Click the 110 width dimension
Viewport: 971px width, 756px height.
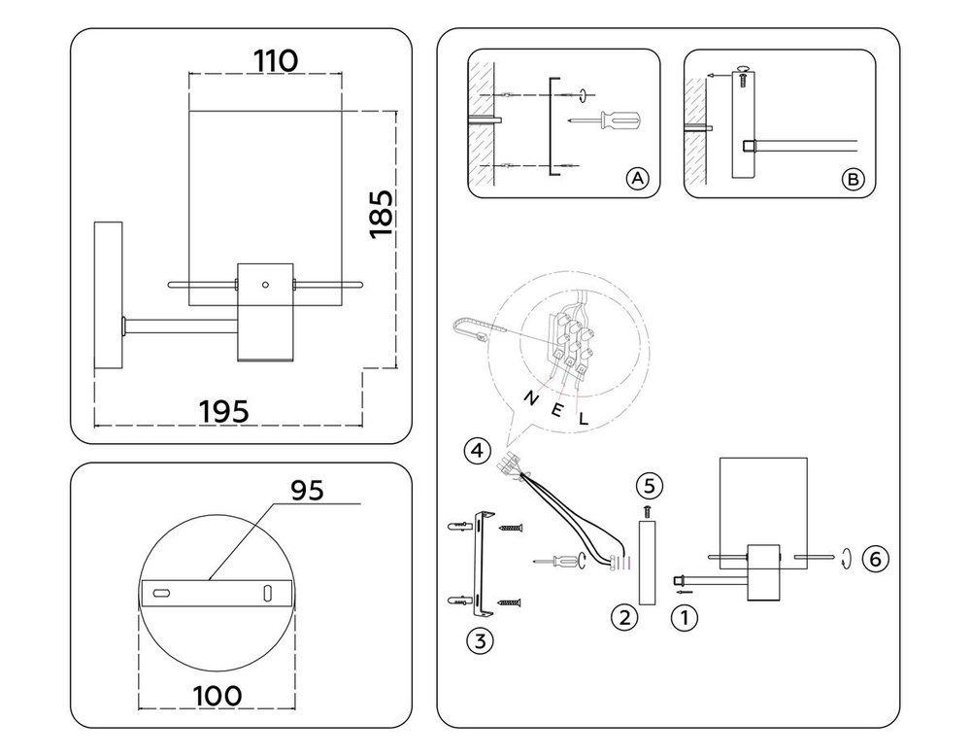tap(276, 60)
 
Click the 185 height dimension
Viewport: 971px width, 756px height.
tap(382, 214)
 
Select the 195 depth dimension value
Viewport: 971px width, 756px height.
tap(224, 411)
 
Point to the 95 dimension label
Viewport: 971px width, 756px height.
tap(307, 490)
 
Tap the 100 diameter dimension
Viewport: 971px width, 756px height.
tap(218, 696)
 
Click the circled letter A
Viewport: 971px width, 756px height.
tap(637, 179)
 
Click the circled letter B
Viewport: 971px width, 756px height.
tap(853, 180)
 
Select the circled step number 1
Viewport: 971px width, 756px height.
tap(685, 618)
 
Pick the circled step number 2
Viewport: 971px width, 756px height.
tap(624, 617)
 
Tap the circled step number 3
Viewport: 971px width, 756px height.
tap(480, 640)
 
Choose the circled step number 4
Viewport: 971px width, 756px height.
tap(477, 451)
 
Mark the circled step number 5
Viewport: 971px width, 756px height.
tap(649, 486)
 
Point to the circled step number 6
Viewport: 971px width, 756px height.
tap(875, 559)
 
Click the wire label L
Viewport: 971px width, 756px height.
tap(583, 420)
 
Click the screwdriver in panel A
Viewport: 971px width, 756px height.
tap(606, 120)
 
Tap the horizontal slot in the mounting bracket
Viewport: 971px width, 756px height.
tap(161, 594)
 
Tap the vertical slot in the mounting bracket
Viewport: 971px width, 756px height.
tap(267, 593)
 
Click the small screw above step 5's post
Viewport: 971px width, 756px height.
tap(648, 511)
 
